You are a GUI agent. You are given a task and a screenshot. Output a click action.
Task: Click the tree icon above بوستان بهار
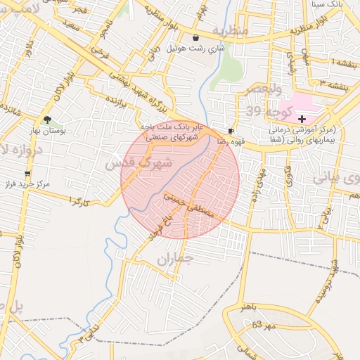[x=47, y=120]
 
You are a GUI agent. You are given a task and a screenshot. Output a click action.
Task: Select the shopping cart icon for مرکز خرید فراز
[x=27, y=173]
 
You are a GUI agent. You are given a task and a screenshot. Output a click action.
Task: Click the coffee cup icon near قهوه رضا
[x=231, y=131]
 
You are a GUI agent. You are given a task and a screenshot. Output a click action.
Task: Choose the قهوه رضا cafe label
[x=231, y=141]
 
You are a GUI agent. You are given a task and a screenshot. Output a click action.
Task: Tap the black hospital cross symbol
[x=302, y=120]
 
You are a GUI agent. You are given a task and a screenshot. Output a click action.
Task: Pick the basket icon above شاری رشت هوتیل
[x=195, y=38]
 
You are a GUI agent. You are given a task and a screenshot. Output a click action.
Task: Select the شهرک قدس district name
[x=139, y=162]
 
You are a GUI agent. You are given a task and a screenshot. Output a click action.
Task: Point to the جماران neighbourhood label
[x=174, y=259]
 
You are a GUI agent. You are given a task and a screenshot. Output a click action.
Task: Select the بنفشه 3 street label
[x=332, y=82]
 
